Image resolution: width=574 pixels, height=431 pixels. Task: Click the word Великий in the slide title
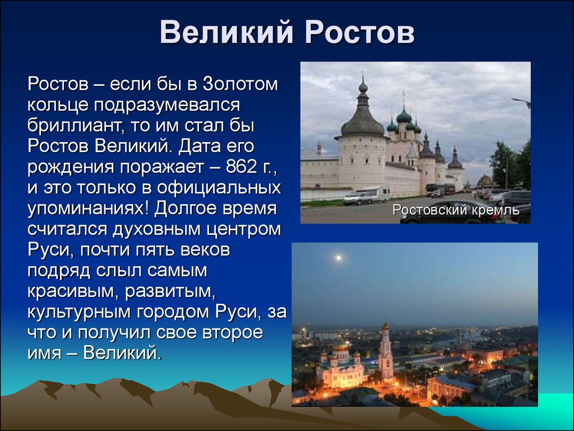(227, 32)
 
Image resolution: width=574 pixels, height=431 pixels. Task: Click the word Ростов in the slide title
(360, 32)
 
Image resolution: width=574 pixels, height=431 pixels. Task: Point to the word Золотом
(240, 84)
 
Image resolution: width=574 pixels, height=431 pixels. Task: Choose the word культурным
(79, 313)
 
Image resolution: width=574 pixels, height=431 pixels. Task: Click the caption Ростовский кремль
(456, 210)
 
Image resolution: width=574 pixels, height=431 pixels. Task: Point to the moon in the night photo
(339, 258)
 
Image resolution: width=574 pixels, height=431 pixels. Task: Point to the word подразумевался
(167, 106)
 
